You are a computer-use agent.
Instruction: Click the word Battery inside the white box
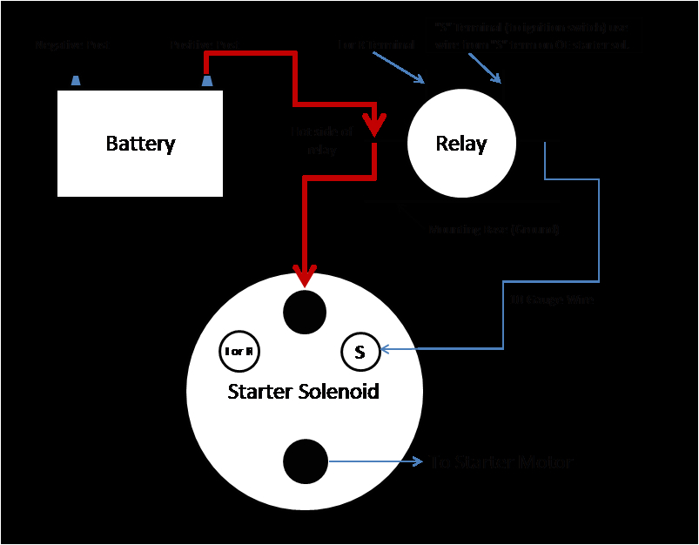click(140, 144)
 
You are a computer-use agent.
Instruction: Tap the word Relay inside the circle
click(460, 144)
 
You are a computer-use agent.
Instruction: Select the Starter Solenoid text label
click(303, 391)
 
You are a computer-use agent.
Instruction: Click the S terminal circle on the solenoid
click(360, 352)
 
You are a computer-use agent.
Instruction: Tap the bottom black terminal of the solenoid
click(305, 461)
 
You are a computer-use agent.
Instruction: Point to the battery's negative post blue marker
click(76, 81)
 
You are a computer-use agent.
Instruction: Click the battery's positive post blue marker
click(207, 81)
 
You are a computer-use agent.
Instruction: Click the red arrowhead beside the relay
click(374, 127)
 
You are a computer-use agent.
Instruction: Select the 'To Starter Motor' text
click(501, 462)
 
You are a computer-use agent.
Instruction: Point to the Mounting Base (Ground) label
click(494, 230)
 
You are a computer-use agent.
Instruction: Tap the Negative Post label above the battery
click(71, 44)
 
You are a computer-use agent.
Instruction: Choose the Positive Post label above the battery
click(205, 44)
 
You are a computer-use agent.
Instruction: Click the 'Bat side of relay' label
click(322, 139)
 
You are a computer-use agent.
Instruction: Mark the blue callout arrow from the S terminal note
click(485, 69)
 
